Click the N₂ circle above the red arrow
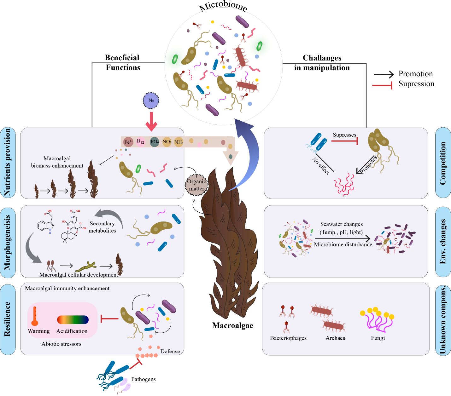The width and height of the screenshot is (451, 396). coord(151,101)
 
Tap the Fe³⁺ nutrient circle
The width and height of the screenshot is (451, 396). coord(128,142)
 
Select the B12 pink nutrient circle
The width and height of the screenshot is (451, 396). coord(141,142)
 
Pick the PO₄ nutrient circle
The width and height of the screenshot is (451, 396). coord(155,142)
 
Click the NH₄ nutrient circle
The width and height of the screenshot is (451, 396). coord(179,142)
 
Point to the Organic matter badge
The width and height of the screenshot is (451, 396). coord(196,185)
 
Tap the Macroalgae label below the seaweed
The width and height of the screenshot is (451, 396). coord(232,325)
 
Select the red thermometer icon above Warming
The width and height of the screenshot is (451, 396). coord(35,316)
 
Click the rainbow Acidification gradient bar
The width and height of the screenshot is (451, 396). coord(73,320)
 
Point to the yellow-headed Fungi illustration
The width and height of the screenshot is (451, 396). coord(378,320)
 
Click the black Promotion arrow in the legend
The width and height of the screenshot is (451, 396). coord(384,74)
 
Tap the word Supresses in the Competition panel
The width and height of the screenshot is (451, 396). coord(344,135)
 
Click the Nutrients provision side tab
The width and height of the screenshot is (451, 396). coord(8,163)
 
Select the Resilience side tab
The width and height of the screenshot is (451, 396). coord(8,319)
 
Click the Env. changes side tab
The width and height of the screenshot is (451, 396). coord(443,242)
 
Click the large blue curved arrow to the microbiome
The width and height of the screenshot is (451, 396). coord(249,151)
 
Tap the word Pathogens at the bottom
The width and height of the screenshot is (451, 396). coord(143,379)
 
